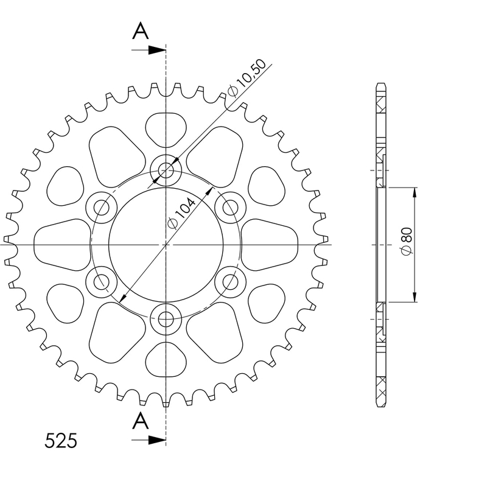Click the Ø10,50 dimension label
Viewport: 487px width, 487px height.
(247, 78)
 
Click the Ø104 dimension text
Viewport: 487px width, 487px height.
(181, 214)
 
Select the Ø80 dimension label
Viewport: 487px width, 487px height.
(407, 241)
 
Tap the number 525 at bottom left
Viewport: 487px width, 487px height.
(60, 441)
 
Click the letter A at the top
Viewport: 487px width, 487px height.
(141, 31)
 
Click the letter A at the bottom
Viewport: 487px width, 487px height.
(141, 421)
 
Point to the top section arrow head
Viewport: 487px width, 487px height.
(157, 50)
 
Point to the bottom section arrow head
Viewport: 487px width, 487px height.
(157, 440)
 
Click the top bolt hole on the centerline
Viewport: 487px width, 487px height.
(166, 170)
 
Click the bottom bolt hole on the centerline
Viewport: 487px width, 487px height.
(166, 319)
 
